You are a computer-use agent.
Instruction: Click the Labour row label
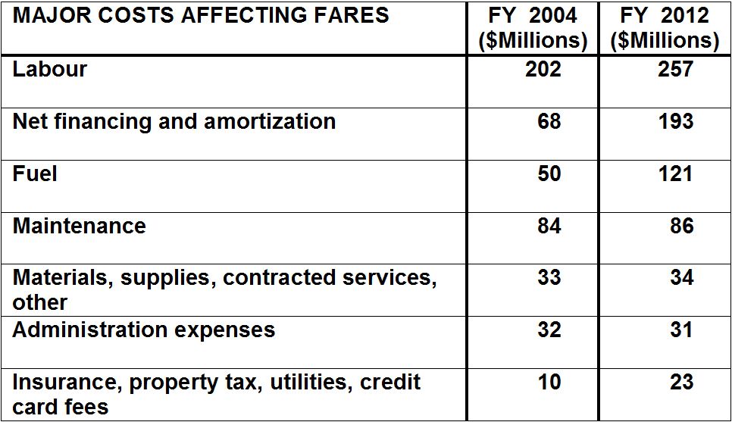point(50,70)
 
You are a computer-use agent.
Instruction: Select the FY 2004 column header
point(533,27)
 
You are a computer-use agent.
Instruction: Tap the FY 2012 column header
point(665,27)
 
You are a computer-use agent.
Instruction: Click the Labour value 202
point(543,70)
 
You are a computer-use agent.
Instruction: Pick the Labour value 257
point(675,70)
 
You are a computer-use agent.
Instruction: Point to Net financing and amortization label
point(174,122)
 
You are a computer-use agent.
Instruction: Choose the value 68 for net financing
point(549,121)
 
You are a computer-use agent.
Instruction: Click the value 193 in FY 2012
point(675,121)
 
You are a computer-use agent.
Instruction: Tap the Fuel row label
point(35,174)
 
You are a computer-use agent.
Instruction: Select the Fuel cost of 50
point(549,173)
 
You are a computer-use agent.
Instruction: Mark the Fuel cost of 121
point(675,173)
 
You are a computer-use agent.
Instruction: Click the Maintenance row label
point(79,226)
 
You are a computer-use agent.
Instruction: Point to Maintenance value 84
point(549,226)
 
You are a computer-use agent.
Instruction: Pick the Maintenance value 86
point(681,226)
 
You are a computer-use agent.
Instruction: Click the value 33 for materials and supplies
point(549,278)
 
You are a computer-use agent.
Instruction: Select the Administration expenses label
point(143,330)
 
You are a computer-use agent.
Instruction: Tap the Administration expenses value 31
point(681,330)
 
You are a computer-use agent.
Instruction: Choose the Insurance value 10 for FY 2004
point(549,382)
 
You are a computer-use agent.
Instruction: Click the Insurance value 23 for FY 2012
point(681,382)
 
